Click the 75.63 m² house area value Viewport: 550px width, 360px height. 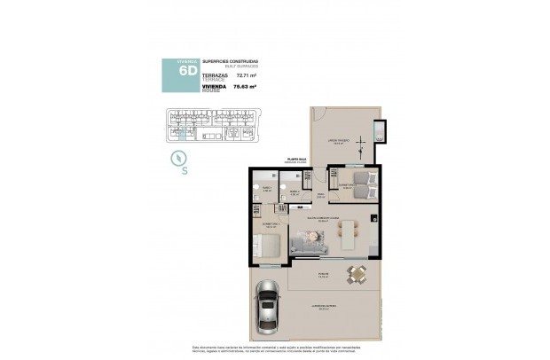click(245, 87)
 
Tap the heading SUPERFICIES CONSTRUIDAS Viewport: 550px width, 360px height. click(231, 61)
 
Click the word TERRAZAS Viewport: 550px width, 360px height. click(216, 76)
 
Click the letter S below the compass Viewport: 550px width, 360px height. click(185, 172)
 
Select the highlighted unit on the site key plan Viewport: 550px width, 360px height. click(183, 132)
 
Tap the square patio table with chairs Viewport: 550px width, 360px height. click(357, 275)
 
